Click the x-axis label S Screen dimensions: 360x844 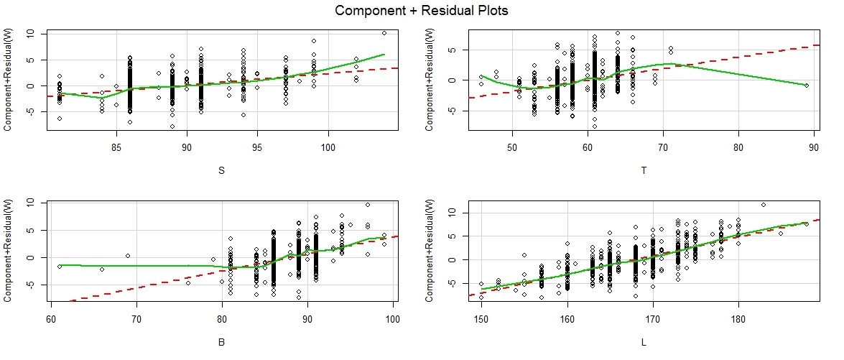coord(220,172)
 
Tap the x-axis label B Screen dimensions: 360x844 coord(220,343)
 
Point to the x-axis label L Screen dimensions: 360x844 coord(643,343)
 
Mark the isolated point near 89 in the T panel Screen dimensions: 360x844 coord(807,86)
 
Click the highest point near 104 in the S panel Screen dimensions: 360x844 coord(384,33)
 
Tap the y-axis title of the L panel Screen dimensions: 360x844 coord(432,251)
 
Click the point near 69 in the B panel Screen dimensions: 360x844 coord(127,256)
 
